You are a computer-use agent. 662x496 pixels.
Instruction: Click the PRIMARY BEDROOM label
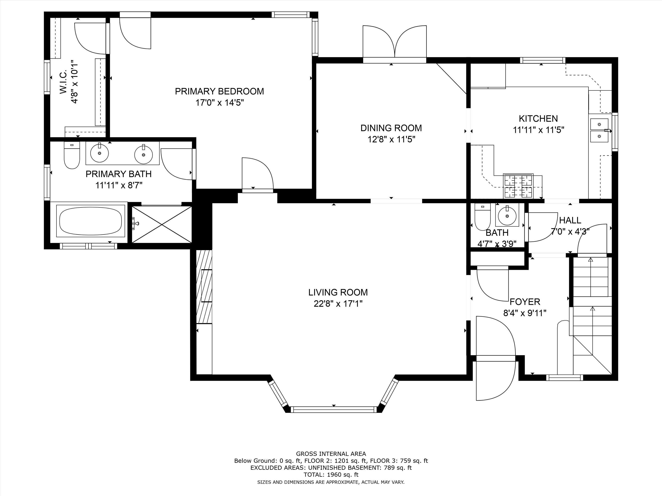(219, 91)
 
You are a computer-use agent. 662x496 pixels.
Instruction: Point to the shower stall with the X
(162, 224)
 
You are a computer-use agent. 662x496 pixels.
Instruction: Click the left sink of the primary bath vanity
(99, 152)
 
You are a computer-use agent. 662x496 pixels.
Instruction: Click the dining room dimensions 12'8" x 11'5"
(392, 139)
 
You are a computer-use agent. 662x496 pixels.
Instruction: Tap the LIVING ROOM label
(338, 292)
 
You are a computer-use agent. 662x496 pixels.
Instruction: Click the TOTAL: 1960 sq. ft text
(331, 474)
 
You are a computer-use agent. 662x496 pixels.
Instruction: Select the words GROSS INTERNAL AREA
(331, 454)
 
